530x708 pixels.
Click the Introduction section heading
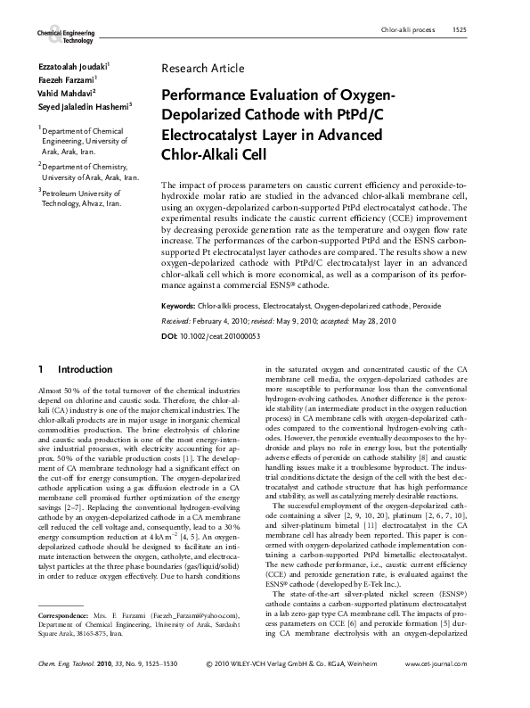pyautogui.click(x=85, y=369)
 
